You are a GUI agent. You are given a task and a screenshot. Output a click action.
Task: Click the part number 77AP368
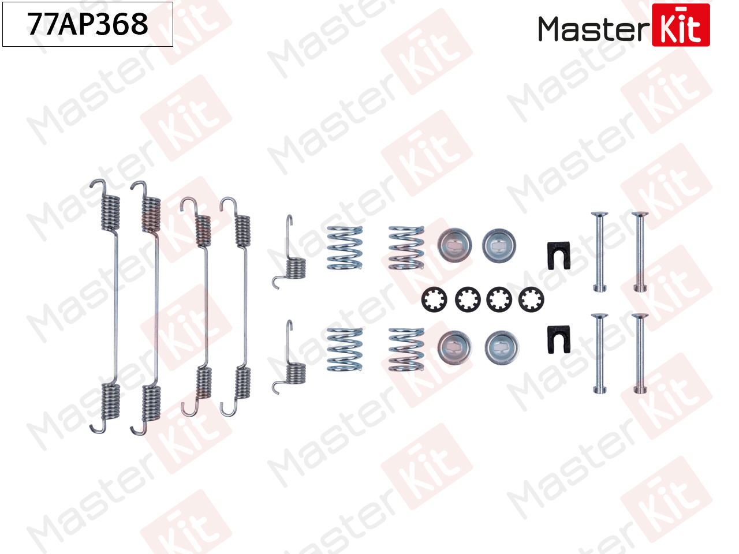(88, 24)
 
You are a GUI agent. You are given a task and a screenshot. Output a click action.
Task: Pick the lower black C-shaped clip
(558, 340)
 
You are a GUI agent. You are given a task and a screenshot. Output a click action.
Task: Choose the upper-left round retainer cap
(454, 245)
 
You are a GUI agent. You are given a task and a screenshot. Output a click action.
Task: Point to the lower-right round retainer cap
(501, 347)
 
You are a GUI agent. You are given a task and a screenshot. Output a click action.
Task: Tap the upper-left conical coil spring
(345, 248)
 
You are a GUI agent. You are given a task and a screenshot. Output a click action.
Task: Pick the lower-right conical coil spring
(406, 350)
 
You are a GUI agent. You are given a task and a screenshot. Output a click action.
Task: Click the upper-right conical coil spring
(406, 248)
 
